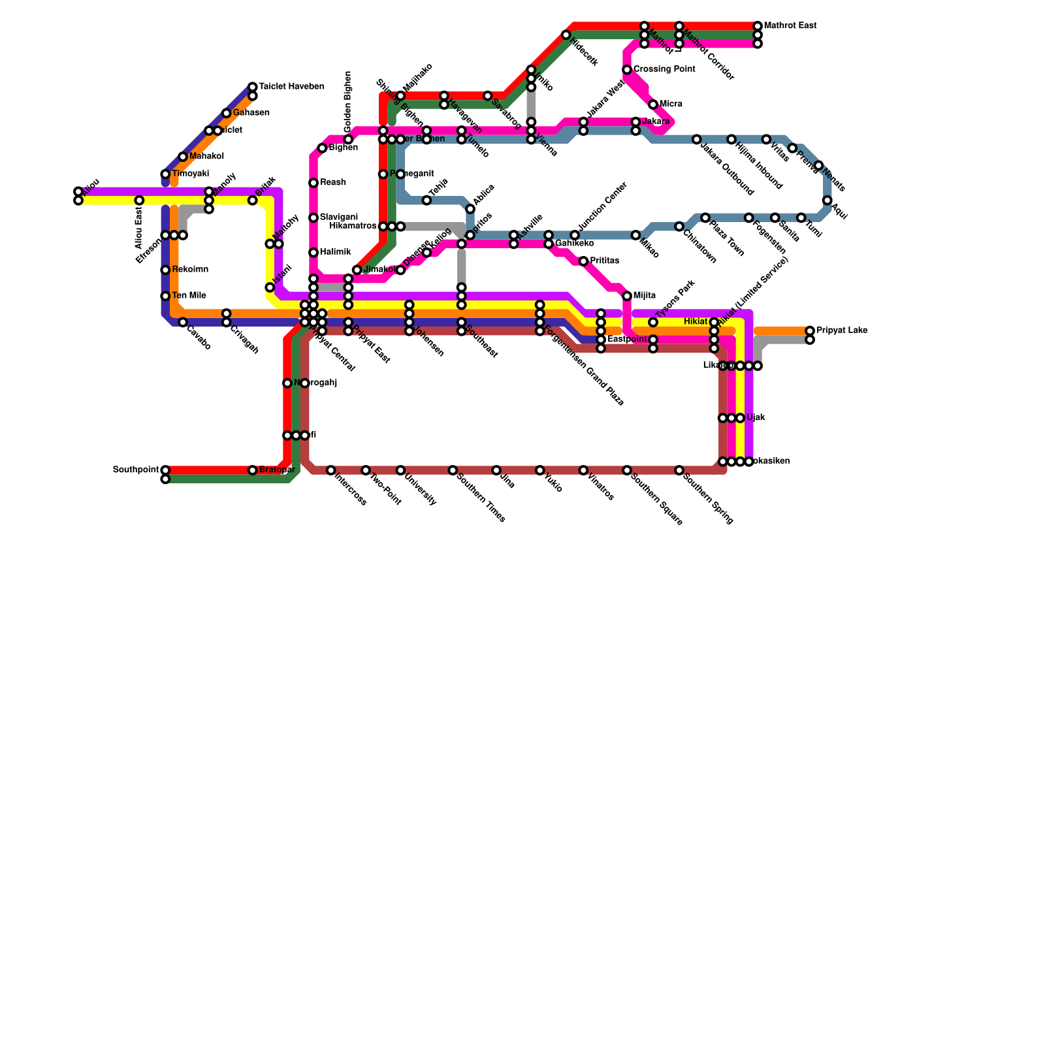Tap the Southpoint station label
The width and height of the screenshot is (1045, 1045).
[136, 470]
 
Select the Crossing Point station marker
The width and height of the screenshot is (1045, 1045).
[627, 70]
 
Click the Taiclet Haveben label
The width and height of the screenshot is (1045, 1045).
[291, 87]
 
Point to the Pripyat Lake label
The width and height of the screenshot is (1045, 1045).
[842, 330]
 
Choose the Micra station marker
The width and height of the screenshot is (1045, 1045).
[653, 104]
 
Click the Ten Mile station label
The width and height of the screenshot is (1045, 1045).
[189, 296]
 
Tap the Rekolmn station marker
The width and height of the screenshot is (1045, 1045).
[165, 270]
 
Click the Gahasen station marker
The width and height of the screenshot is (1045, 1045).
[226, 114]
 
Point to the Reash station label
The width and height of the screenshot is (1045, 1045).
[333, 183]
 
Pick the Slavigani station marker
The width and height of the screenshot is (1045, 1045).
[313, 217]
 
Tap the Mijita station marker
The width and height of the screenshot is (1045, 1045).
[627, 296]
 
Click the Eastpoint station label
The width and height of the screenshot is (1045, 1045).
[627, 340]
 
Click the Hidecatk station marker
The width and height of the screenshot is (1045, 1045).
[566, 35]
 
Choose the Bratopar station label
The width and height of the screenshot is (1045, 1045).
[277, 470]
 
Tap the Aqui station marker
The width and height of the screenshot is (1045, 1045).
[828, 201]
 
